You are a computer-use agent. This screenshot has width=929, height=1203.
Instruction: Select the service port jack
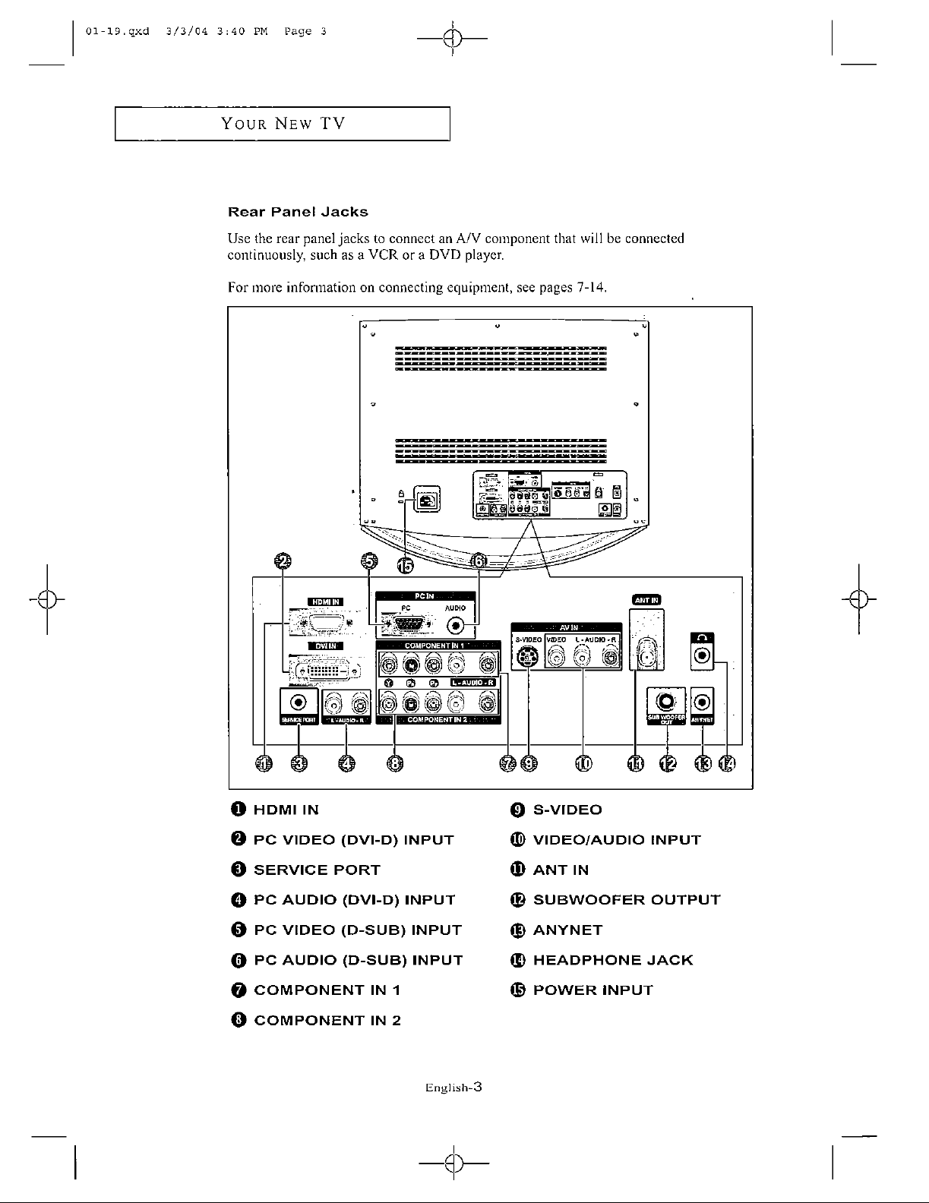(x=299, y=703)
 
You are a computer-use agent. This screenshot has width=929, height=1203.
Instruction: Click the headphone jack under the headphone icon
(x=703, y=655)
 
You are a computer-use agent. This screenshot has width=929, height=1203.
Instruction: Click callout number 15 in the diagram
(x=406, y=565)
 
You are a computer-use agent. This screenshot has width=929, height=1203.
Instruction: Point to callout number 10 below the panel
(x=583, y=764)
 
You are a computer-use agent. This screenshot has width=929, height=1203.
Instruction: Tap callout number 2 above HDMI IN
(x=283, y=561)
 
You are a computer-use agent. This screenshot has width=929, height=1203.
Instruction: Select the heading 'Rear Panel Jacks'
(x=298, y=212)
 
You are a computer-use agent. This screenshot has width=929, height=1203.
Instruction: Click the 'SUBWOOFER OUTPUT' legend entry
(x=626, y=900)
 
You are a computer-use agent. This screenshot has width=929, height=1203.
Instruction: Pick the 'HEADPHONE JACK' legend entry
(x=612, y=960)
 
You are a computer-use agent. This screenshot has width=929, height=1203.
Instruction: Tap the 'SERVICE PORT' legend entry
(x=316, y=870)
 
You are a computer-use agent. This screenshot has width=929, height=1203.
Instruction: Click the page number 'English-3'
(x=453, y=1088)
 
